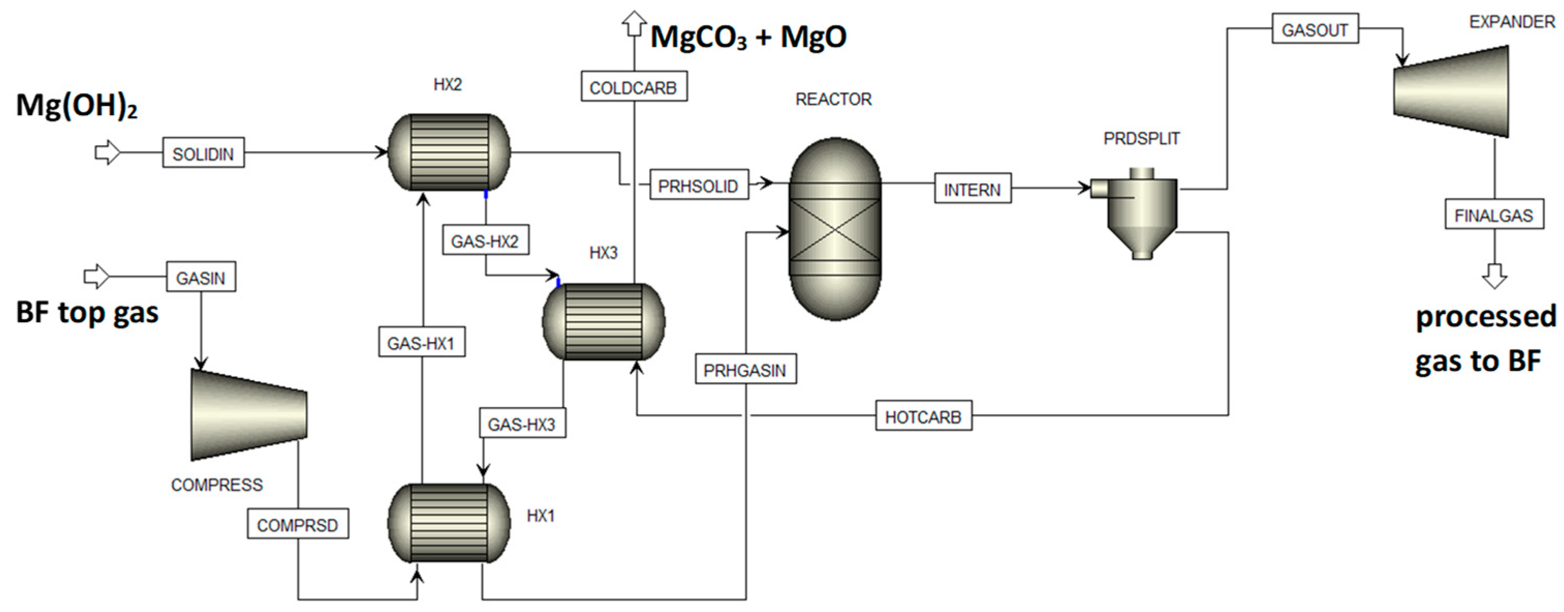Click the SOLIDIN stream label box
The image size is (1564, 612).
(x=204, y=153)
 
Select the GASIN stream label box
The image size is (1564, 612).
(x=201, y=277)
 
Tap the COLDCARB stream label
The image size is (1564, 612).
(x=634, y=87)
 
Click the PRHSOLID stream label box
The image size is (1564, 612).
(x=699, y=185)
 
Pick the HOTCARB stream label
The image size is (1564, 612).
(x=924, y=416)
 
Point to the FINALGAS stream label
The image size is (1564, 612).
(x=1494, y=214)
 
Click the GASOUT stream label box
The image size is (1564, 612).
(x=1315, y=28)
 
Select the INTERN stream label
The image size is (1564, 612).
(x=973, y=189)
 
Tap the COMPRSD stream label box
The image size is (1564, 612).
(x=298, y=524)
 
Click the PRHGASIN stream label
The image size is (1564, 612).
(x=745, y=369)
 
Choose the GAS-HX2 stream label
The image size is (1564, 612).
(x=485, y=241)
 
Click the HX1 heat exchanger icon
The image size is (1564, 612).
(x=449, y=523)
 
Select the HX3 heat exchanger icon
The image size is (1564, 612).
(x=603, y=322)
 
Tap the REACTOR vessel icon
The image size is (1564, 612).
(x=835, y=229)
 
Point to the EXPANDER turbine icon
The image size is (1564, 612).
(x=1451, y=91)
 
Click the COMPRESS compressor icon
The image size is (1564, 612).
(x=249, y=415)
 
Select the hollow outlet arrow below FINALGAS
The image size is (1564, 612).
(x=1494, y=276)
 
